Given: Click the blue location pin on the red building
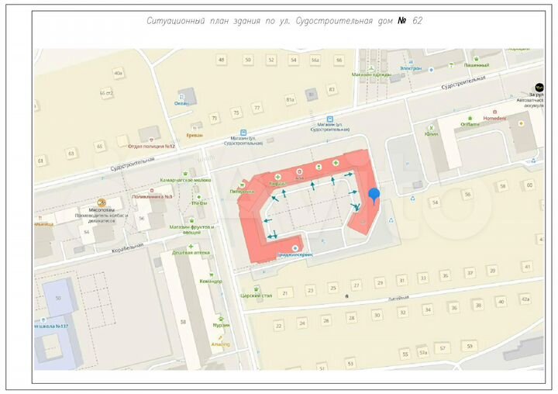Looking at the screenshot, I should [x=374, y=196].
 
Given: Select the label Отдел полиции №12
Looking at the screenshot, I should [x=152, y=146].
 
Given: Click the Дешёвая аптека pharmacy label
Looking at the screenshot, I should [x=191, y=253].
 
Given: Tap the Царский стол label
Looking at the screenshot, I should [x=257, y=295].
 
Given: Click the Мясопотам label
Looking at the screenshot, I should [x=101, y=209].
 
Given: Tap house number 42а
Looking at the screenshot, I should [x=525, y=299].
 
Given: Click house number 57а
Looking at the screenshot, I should [x=422, y=352].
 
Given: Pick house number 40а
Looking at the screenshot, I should [x=119, y=74].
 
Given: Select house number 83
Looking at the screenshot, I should [x=332, y=89].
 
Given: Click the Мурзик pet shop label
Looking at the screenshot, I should [x=221, y=325].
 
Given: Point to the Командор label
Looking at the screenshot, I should [x=210, y=281].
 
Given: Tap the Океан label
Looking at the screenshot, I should [x=181, y=103].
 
